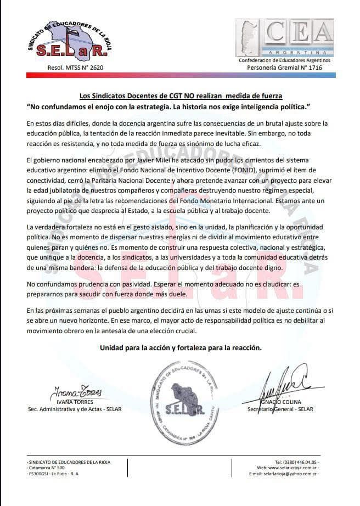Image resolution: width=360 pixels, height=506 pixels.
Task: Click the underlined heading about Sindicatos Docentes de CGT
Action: click(181, 95)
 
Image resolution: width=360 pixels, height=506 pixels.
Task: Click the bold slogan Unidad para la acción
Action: click(181, 348)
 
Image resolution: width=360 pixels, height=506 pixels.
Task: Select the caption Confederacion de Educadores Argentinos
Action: click(284, 60)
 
